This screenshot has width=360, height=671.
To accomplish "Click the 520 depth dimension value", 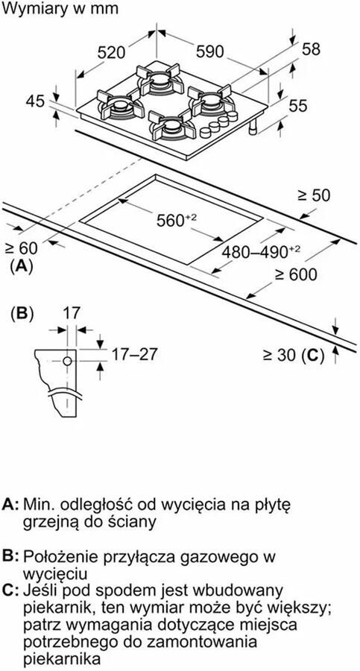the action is [x=111, y=52].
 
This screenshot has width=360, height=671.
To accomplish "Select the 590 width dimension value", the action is [x=209, y=51].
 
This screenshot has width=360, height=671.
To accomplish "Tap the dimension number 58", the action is [x=311, y=49].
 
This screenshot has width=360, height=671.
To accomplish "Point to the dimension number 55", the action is [x=298, y=105].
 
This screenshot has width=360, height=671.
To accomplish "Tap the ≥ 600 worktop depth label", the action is [x=296, y=274].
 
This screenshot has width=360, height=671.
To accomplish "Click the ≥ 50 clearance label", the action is [x=315, y=195].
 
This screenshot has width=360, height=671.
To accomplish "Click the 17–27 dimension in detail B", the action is [x=134, y=354].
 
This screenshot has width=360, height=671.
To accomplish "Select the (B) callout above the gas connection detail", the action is [x=22, y=314].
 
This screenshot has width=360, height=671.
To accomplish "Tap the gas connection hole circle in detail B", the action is [x=67, y=361].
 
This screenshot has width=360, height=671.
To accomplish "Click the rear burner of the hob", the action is [x=158, y=79].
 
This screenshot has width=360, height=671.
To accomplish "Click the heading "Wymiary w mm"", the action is [x=60, y=8].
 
